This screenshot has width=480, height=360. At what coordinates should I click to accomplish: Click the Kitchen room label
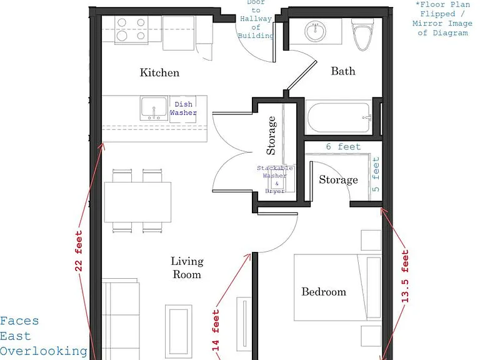click(x=159, y=72)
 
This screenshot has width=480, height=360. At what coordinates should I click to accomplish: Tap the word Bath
click(x=343, y=71)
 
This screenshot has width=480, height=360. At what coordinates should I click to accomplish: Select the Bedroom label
click(x=324, y=291)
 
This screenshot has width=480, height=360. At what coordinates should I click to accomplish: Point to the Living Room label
click(x=187, y=268)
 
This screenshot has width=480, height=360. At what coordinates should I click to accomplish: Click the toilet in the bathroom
click(x=362, y=34)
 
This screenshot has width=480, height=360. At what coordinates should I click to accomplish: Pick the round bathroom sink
click(x=315, y=31)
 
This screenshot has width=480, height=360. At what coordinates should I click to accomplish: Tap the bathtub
click(x=339, y=117)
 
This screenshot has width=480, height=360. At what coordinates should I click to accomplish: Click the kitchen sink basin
click(x=154, y=107)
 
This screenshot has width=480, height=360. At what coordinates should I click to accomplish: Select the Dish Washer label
click(x=183, y=108)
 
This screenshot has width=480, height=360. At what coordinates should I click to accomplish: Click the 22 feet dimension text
click(x=79, y=251)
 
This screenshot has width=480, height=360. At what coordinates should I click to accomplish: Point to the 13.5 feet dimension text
click(x=405, y=276)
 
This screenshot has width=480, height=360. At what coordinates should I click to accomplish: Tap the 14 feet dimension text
click(x=216, y=330)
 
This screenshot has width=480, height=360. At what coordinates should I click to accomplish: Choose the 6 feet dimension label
click(x=343, y=147)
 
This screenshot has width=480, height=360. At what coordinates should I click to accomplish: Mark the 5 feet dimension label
click(x=376, y=174)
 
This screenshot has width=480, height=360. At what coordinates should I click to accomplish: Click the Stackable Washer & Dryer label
click(x=275, y=179)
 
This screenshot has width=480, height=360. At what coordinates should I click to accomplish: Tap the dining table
click(x=137, y=202)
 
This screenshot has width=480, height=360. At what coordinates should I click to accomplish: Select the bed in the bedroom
click(x=338, y=287)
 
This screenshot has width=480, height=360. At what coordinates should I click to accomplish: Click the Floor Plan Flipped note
click(x=442, y=19)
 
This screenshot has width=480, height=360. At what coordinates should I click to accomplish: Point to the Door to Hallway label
click(x=256, y=19)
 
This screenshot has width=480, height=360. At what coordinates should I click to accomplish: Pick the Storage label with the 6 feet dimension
click(x=338, y=180)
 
